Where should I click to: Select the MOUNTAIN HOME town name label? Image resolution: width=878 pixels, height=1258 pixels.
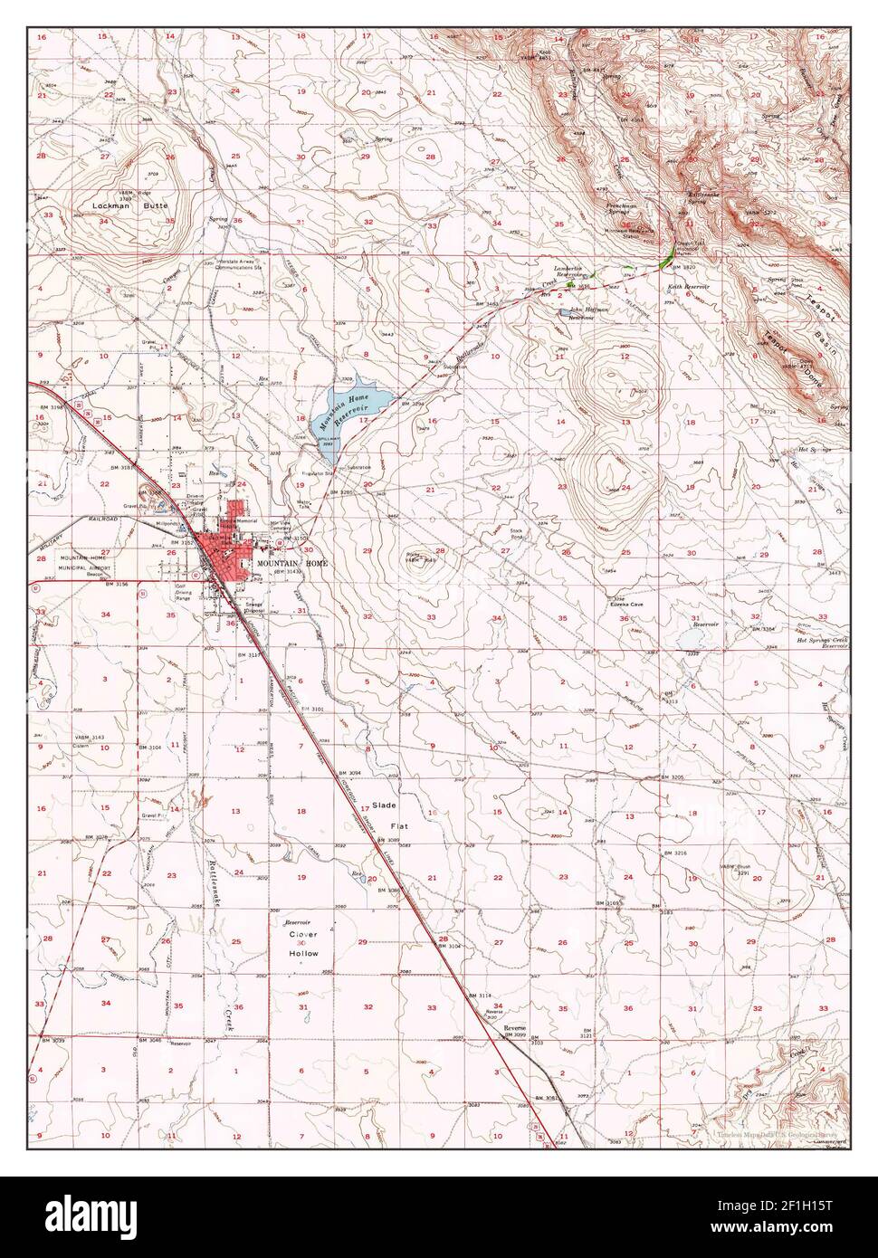[291, 562]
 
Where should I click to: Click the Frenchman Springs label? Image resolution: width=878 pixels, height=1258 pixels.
[627, 210]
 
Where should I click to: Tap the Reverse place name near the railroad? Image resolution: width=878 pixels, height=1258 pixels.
[514, 1029]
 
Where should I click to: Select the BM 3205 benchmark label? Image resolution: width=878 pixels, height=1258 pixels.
[673, 777]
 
